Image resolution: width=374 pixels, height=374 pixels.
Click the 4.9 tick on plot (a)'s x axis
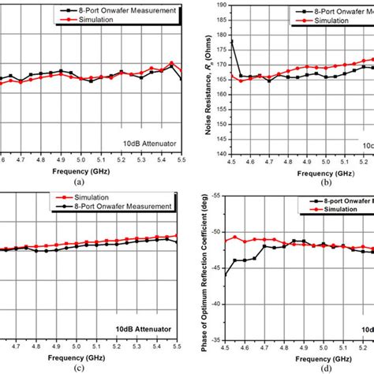(x=60, y=159)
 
